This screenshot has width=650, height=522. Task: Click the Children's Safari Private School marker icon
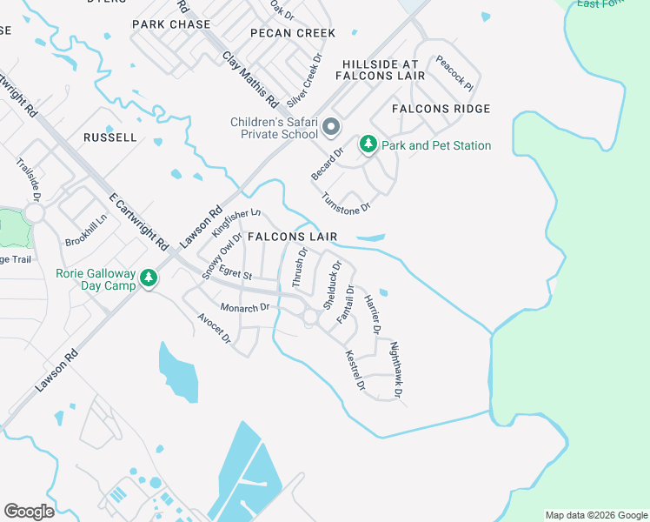tap(331, 129)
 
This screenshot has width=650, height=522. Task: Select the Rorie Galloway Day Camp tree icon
tap(149, 278)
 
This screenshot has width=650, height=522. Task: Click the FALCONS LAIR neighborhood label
tap(292, 237)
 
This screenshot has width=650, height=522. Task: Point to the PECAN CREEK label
tap(292, 33)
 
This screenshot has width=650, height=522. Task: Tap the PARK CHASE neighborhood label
tap(171, 24)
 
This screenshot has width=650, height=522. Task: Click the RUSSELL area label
tap(110, 137)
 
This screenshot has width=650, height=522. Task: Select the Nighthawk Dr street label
tap(396, 370)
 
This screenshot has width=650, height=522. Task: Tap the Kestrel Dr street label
tap(355, 369)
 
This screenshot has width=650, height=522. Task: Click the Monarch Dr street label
tap(246, 308)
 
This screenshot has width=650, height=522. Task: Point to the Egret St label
tap(235, 276)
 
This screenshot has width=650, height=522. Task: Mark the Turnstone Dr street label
tap(347, 203)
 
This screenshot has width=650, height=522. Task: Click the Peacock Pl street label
tap(455, 74)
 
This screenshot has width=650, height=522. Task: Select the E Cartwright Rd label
tap(138, 218)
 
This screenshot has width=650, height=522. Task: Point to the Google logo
tap(29, 512)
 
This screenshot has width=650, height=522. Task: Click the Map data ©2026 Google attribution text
tap(595, 515)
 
